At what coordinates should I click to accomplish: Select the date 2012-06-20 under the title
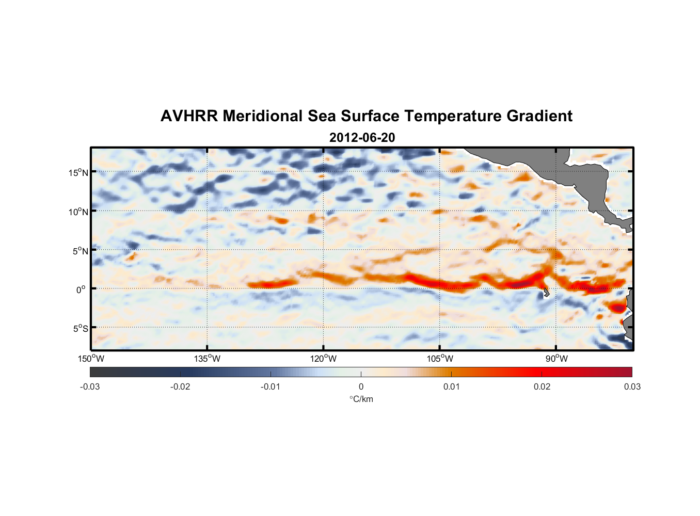tap(362, 138)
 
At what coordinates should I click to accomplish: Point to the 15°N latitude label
tap(78, 172)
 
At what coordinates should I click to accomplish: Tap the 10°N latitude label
tap(78, 212)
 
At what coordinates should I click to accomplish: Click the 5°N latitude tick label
tap(80, 251)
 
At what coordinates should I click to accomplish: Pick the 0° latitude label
tap(81, 289)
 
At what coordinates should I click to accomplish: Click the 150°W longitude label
tap(91, 359)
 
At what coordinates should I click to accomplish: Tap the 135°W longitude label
tap(207, 359)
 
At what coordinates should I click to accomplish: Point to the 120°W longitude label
tap(323, 359)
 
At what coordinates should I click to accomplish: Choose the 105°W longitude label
tap(440, 359)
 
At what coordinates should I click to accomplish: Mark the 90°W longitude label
tap(556, 359)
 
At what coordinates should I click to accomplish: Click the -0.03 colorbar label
tap(90, 386)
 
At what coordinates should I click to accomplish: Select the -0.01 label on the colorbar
tap(271, 386)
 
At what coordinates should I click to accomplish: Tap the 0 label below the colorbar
tap(361, 386)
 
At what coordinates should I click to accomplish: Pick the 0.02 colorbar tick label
tap(542, 386)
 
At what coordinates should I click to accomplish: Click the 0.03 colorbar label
tap(632, 386)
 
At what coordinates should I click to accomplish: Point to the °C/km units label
tap(361, 399)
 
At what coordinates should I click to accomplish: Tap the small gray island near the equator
tap(546, 292)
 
